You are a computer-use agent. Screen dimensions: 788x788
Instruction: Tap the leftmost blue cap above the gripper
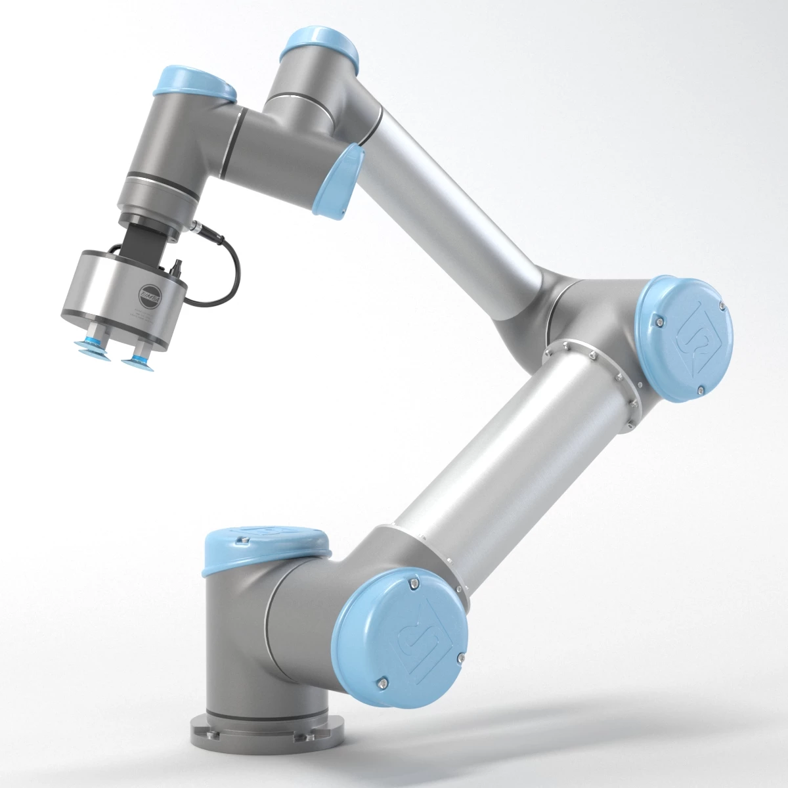tap(194, 84)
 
